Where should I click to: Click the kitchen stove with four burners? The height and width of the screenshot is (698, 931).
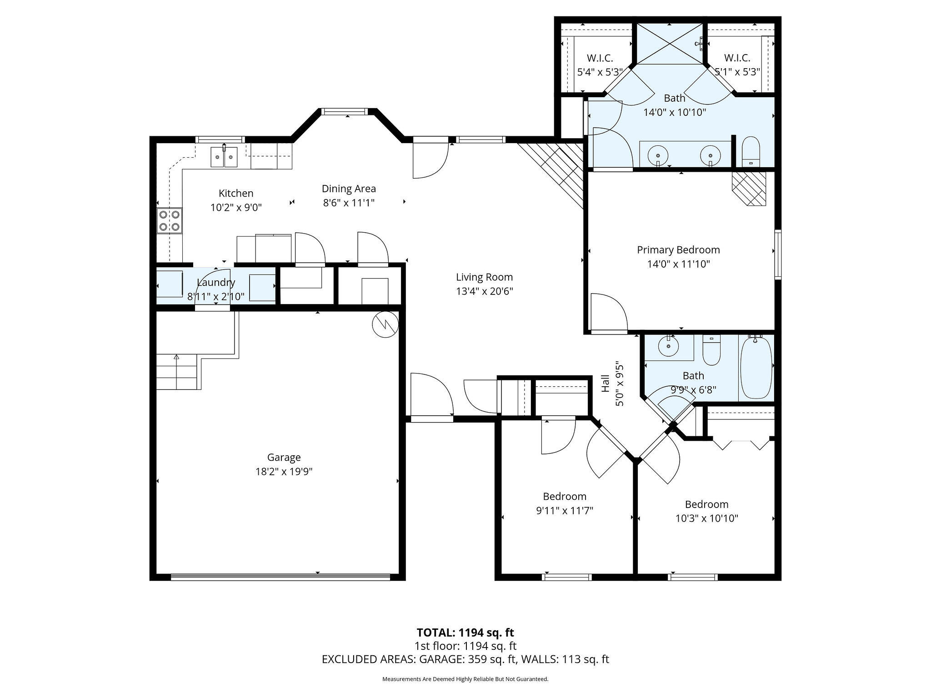170,220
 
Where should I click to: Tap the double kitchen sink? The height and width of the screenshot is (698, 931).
224,157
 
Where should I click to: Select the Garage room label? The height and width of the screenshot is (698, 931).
284,457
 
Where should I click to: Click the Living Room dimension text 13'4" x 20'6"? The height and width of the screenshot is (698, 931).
485,291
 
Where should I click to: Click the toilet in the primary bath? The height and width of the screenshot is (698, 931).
751,152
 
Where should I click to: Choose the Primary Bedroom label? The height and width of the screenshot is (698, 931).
678,249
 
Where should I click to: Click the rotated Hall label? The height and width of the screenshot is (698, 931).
606,384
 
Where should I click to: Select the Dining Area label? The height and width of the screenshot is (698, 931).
349,189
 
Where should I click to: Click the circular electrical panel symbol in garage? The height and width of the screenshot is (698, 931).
385,324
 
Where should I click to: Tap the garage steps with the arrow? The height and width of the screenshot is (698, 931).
177,372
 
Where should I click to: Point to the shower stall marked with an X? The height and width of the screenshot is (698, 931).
669,43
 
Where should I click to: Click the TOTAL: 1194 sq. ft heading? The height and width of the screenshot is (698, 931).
465,632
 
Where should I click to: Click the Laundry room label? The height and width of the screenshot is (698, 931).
216,282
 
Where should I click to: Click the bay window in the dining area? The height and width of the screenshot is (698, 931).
344,112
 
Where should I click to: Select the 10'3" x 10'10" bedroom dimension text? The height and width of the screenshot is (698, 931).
706,518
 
